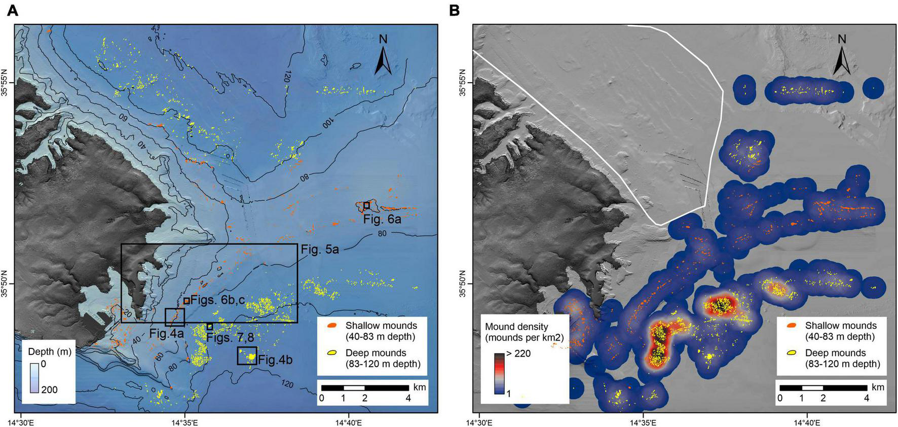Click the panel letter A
click(x=13, y=10)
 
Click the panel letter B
click(x=454, y=10)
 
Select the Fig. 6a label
click(x=382, y=220)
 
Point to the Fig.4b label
click(x=274, y=361)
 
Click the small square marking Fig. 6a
click(x=366, y=205)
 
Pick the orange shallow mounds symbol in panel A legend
click(x=332, y=326)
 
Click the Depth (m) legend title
click(x=49, y=351)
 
